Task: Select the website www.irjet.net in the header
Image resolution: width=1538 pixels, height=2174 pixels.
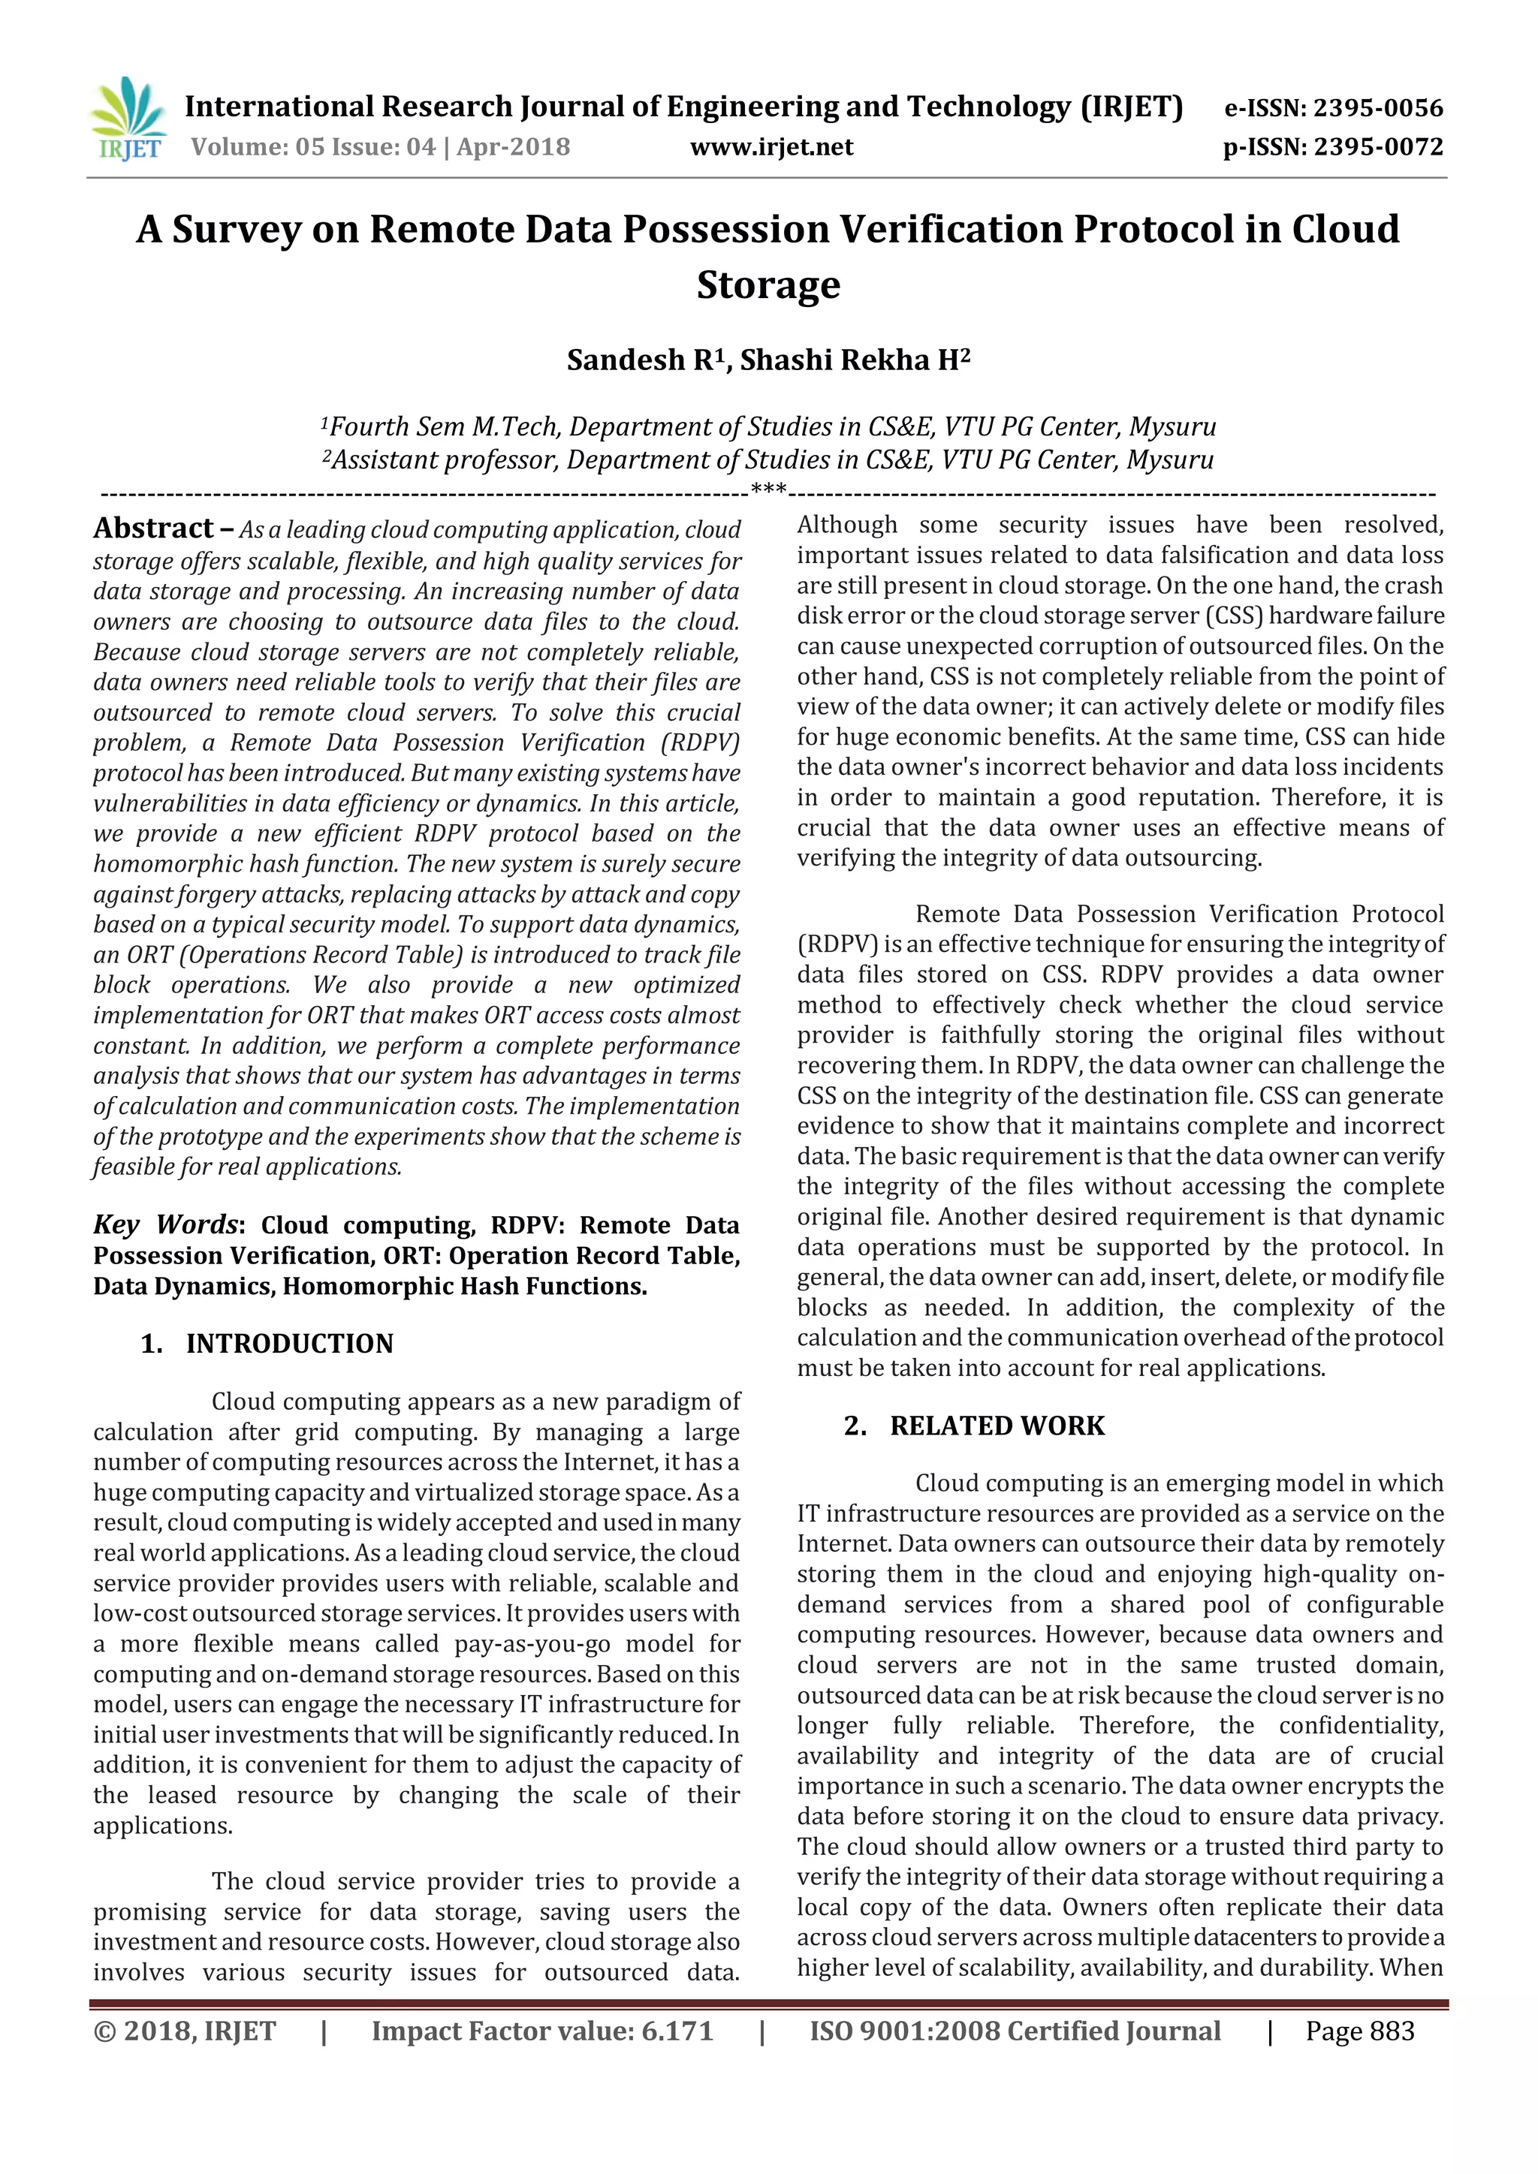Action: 771,147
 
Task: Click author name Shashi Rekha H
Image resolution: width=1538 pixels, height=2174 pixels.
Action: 852,361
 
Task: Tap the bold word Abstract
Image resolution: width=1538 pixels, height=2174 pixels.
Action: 153,528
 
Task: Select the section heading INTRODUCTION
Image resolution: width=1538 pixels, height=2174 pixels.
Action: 289,1344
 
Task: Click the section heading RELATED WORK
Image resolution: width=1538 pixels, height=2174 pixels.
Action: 997,1426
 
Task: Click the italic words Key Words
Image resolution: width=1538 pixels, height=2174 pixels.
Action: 164,1224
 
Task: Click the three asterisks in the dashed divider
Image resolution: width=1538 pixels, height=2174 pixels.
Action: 768,489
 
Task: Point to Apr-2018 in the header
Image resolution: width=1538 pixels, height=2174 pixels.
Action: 514,147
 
